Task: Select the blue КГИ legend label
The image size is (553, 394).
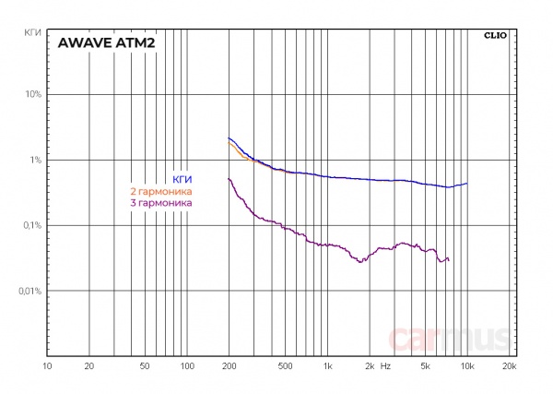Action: pos(182,179)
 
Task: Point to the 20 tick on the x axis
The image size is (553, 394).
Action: pos(88,366)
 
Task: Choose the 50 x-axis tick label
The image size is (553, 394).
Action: pos(144,366)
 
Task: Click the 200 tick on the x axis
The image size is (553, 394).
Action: pos(229,366)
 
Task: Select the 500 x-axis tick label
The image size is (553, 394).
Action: pos(284,366)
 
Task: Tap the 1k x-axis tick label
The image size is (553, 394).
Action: pos(327,366)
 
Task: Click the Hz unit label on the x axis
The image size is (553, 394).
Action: pos(385,366)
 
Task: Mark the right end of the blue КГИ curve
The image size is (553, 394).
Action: pos(467,184)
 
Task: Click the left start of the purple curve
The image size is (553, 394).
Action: pos(228,178)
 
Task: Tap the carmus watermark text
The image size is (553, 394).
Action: pos(449,340)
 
